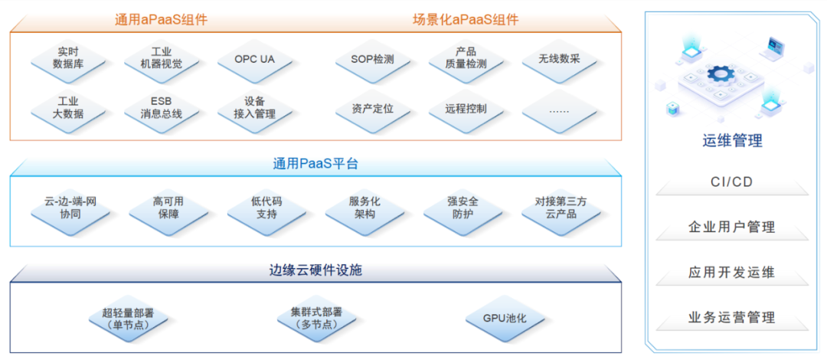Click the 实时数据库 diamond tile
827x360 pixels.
point(68,58)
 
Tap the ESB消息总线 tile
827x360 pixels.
point(161,108)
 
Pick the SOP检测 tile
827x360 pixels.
point(373,58)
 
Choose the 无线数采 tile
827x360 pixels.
point(559,58)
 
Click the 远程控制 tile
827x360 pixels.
point(466,108)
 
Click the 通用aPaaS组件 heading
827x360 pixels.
point(161,20)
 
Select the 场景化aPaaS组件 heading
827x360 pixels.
point(465,20)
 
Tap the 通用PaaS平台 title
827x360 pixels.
point(315,163)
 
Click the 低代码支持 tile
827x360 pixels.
point(266,208)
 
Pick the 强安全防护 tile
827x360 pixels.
point(463,208)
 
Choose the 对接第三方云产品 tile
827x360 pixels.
point(561,208)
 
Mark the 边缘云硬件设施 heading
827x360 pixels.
point(315,270)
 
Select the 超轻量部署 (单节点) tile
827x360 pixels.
point(129,319)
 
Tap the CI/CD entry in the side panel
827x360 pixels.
point(732,182)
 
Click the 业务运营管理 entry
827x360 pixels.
point(732,317)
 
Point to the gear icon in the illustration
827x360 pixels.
point(721,74)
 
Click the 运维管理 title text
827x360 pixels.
point(732,141)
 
